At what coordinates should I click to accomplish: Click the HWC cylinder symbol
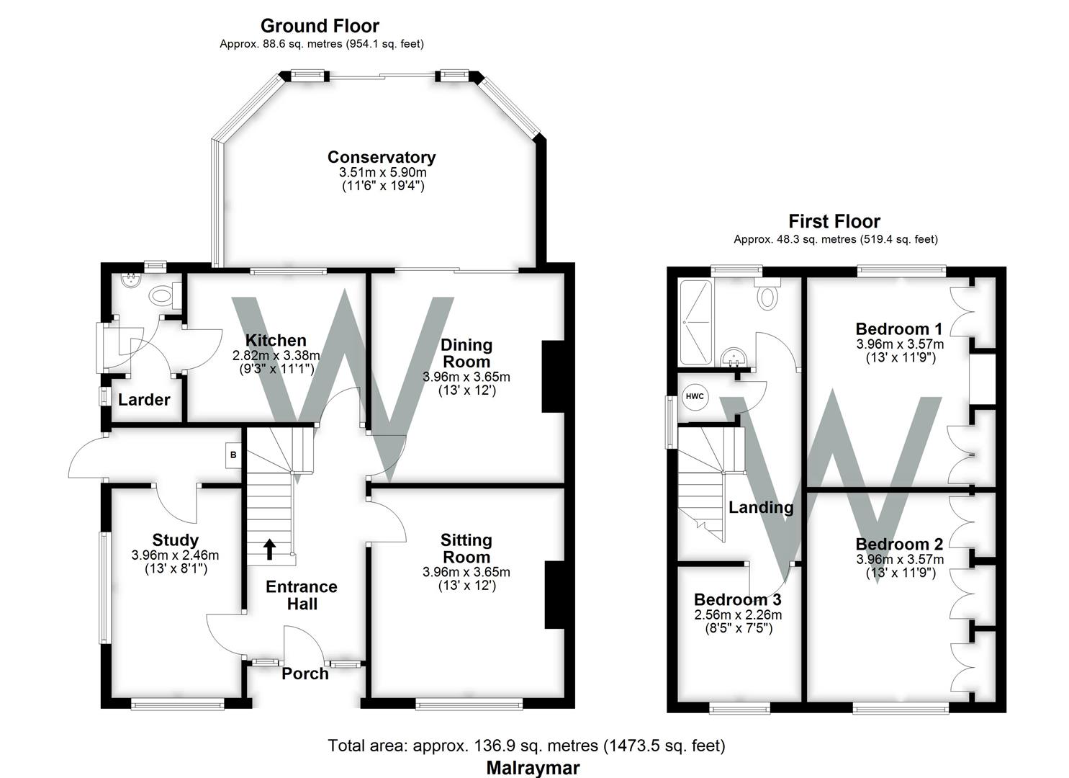[695, 396]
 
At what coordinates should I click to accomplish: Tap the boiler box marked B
[233, 455]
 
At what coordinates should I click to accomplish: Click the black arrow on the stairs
[270, 549]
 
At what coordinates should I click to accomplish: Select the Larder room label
[144, 400]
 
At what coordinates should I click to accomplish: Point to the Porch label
[305, 674]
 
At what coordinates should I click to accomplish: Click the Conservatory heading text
[382, 157]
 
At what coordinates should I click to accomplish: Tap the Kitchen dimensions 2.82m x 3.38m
[276, 355]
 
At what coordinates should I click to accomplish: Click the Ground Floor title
[320, 26]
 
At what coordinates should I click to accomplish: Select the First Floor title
[834, 222]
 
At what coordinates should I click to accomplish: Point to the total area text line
[526, 746]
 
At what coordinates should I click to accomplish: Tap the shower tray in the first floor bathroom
[696, 323]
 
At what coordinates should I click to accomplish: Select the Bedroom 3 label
[738, 599]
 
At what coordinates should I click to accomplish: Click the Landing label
[761, 507]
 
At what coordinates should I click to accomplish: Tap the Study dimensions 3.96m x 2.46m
[175, 555]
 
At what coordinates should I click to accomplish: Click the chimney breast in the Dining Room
[553, 376]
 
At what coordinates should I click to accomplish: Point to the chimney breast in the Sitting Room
[555, 594]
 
